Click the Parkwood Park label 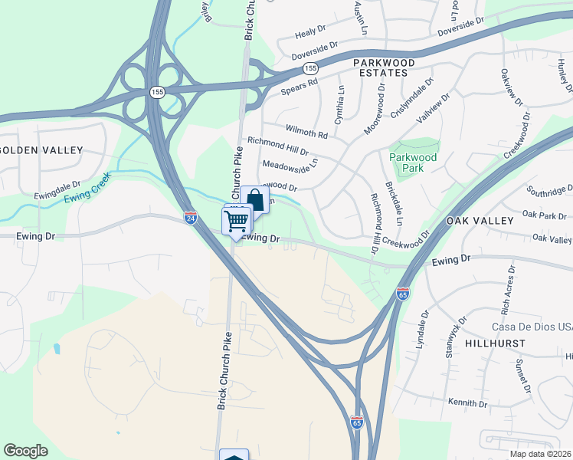[412, 162]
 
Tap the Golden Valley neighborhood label [40, 149]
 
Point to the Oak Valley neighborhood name [480, 221]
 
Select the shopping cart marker [237, 221]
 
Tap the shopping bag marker [255, 201]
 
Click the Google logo [26, 450]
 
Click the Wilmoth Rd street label [306, 132]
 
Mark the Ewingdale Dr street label [57, 189]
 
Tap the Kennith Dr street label [468, 402]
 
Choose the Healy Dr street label [310, 32]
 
